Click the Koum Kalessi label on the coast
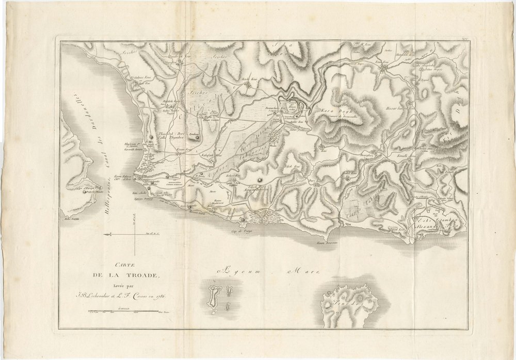click(x=124, y=176)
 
